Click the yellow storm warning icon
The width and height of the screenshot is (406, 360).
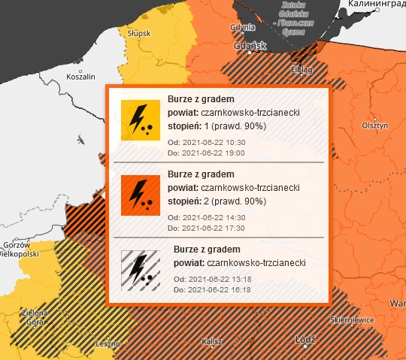point(140,120)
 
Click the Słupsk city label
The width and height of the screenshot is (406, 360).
point(139,34)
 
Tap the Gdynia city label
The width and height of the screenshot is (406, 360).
point(240,27)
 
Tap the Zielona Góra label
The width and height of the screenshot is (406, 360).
point(35,316)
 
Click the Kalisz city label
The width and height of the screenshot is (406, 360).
point(213,341)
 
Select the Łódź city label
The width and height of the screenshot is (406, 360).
point(305,339)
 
